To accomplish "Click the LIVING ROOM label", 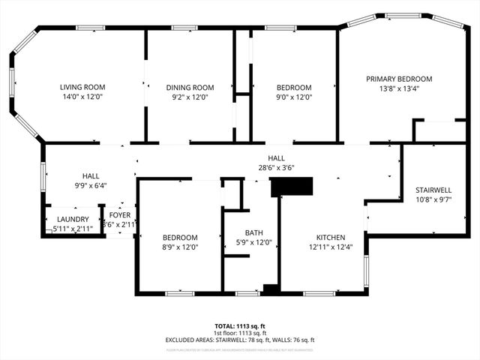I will tap(82, 87).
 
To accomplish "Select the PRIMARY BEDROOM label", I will tap(399, 79).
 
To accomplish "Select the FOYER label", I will tap(120, 214).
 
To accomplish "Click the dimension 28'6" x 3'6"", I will tap(276, 168).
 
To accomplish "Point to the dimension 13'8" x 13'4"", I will tap(399, 88).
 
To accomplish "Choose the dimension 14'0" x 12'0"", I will tap(82, 97).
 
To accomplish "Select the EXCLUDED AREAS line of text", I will tap(240, 340).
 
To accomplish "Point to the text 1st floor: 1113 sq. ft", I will tap(240, 333).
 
